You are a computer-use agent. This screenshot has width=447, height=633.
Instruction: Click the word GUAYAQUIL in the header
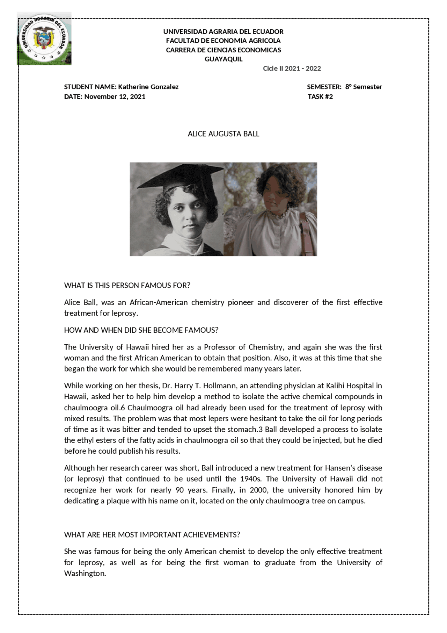(223, 59)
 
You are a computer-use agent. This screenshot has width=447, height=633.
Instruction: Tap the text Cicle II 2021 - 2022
(292, 69)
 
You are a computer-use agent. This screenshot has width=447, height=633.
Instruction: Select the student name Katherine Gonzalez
(148, 87)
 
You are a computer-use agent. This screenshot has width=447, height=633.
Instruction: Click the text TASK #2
(320, 96)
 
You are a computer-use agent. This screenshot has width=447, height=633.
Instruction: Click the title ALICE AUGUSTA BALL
(223, 134)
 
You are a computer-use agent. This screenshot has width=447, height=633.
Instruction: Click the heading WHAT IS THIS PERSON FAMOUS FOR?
(127, 285)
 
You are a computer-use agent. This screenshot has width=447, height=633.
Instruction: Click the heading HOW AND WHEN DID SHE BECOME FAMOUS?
(141, 330)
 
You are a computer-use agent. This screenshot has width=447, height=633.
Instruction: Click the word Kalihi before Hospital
(337, 386)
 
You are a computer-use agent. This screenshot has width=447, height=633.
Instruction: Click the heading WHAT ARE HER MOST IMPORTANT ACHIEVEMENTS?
(152, 535)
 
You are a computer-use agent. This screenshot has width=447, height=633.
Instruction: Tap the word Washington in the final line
(85, 573)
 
